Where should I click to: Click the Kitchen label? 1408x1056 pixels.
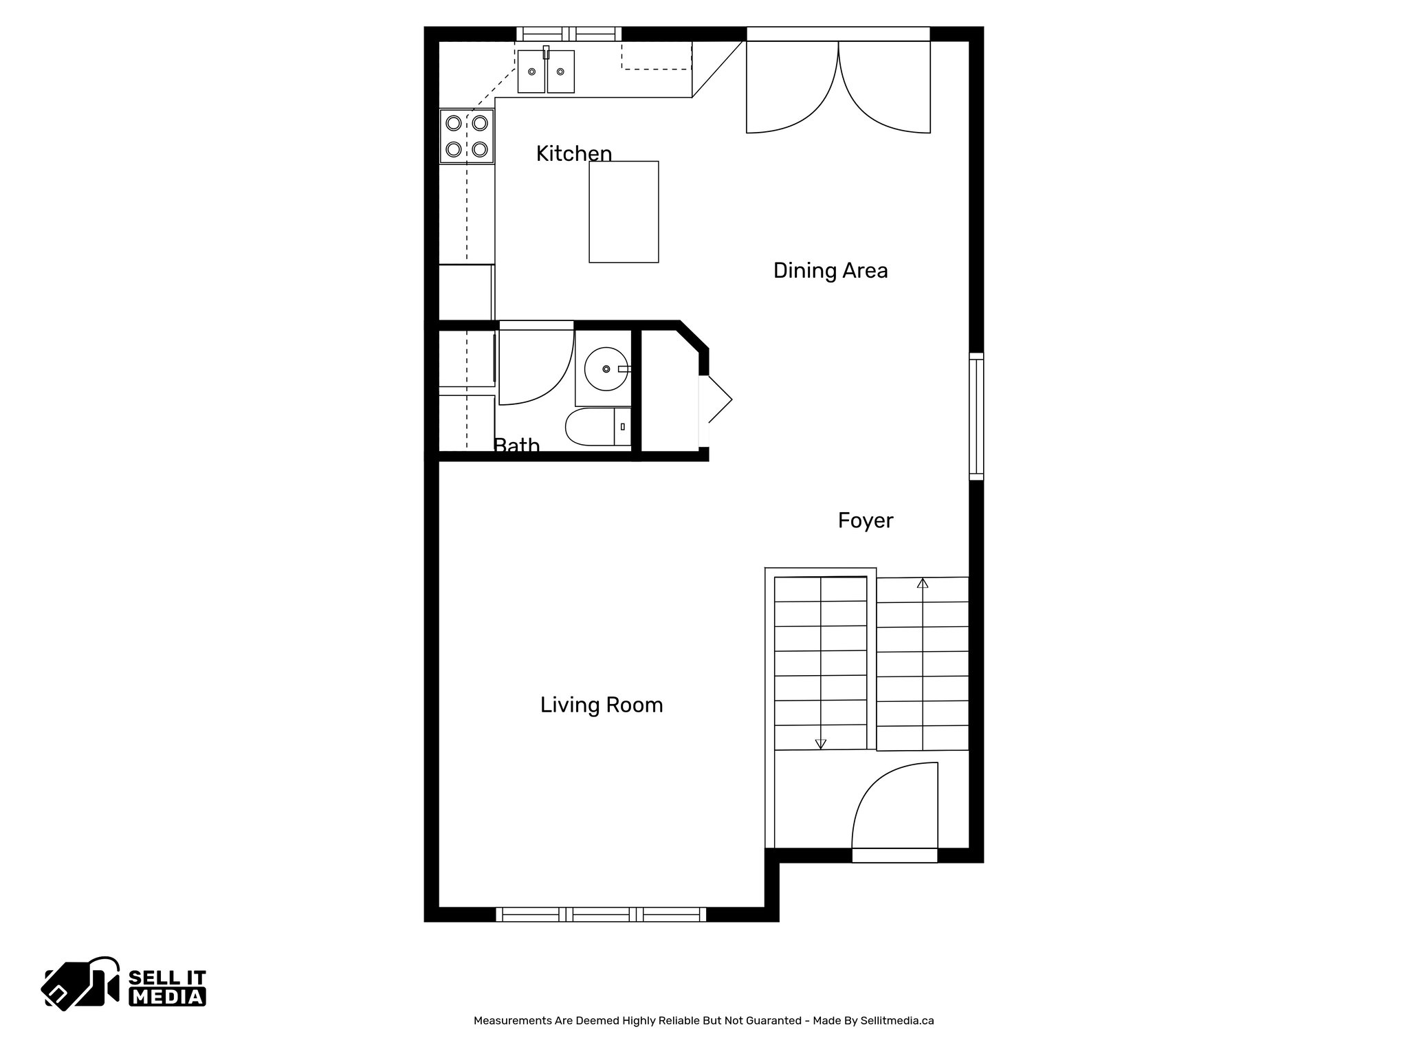coord(573,153)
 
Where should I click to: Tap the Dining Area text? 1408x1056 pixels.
coord(830,270)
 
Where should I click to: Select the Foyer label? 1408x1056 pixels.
coord(865,520)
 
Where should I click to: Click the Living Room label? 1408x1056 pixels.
coord(601,705)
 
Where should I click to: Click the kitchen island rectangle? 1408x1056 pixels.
coord(624,212)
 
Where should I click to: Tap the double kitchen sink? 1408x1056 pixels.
coord(546,71)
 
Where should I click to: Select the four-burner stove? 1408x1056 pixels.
coord(467,136)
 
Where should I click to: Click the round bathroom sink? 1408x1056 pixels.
coord(606,369)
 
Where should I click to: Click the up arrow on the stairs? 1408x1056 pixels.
coord(923,584)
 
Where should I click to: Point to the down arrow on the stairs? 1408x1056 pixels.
coord(820,743)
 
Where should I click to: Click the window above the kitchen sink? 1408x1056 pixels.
coord(569,34)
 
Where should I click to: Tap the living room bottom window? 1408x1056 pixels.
coord(601,914)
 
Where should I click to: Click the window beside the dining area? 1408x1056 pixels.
coord(976,416)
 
